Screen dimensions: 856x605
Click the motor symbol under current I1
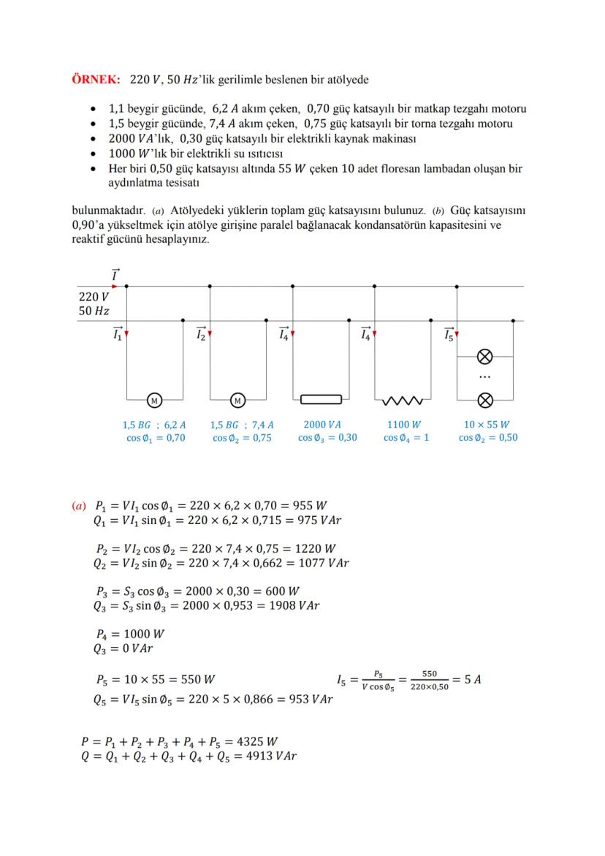tap(154, 400)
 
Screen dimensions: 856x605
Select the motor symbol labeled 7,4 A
tap(237, 400)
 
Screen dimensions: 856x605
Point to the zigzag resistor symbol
tap(401, 400)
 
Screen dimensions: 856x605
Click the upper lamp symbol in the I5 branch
tap(484, 357)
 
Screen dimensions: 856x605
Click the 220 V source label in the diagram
tap(94, 298)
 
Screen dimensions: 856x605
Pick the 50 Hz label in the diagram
tap(94, 311)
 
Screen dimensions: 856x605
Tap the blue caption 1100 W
tap(403, 424)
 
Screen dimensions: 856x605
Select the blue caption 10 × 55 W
tap(487, 424)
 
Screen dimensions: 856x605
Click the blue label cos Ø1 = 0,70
tap(154, 438)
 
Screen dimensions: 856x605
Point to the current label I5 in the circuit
tap(449, 334)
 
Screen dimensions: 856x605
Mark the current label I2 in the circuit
tap(201, 334)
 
